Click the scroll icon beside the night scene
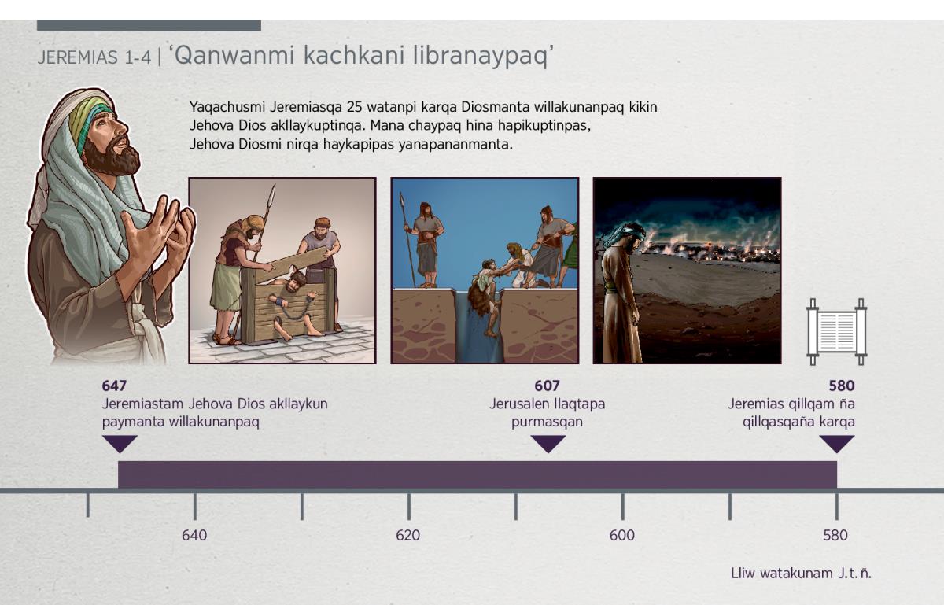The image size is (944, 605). click(836, 332)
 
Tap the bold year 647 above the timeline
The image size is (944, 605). click(114, 386)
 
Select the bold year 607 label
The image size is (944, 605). click(547, 386)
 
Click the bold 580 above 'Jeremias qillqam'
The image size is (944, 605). click(842, 386)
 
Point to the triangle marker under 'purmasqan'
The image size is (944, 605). click(548, 444)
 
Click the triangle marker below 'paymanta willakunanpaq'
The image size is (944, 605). click(120, 444)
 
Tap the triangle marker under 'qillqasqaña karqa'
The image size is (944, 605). click(837, 444)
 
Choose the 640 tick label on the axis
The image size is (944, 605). click(194, 535)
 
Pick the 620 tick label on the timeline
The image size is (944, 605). click(408, 535)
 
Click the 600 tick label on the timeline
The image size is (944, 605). click(622, 535)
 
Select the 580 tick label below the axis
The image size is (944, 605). click(835, 535)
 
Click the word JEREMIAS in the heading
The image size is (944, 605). click(78, 57)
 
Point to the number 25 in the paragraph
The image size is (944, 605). click(355, 107)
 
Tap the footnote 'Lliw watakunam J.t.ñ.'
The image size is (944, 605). click(801, 574)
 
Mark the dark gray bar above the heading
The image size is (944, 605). click(149, 25)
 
